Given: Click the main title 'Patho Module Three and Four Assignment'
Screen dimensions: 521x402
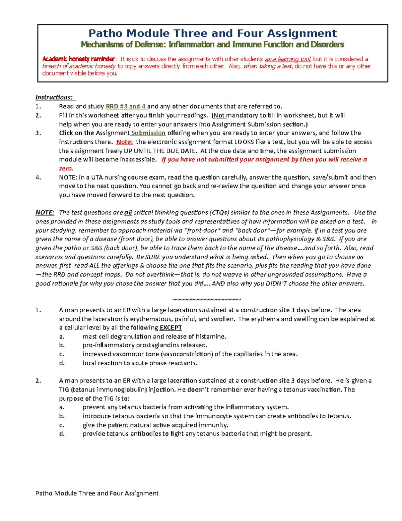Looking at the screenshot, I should click(212, 33).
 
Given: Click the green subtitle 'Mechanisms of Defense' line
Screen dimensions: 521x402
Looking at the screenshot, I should click(212, 45).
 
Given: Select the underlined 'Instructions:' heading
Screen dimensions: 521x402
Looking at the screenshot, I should click(54, 97).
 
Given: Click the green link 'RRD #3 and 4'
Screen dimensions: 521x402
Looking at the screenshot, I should click(126, 106).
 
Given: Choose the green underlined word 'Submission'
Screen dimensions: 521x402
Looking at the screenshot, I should click(148, 133).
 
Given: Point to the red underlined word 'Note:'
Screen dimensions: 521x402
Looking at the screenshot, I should click(124, 142).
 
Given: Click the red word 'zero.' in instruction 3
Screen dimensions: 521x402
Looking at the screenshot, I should click(66, 168).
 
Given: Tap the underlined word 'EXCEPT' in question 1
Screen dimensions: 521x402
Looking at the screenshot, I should click(171, 327).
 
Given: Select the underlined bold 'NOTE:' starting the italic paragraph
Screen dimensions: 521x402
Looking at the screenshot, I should click(45, 213).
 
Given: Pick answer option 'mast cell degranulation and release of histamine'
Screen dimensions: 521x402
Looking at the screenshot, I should click(154, 336).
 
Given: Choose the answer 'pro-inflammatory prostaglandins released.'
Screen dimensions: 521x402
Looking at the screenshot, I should click(145, 345).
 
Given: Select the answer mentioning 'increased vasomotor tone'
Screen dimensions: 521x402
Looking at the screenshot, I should click(190, 354).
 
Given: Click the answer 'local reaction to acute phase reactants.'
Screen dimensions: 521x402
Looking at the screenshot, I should click(140, 363).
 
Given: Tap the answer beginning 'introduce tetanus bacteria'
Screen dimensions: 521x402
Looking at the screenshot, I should click(217, 416).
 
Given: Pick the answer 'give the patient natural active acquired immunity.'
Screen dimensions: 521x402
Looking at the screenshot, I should click(155, 425).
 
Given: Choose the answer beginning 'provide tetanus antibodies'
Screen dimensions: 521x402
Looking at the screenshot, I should click(197, 434).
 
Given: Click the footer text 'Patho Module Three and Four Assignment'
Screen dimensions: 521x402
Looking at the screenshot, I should click(97, 493).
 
